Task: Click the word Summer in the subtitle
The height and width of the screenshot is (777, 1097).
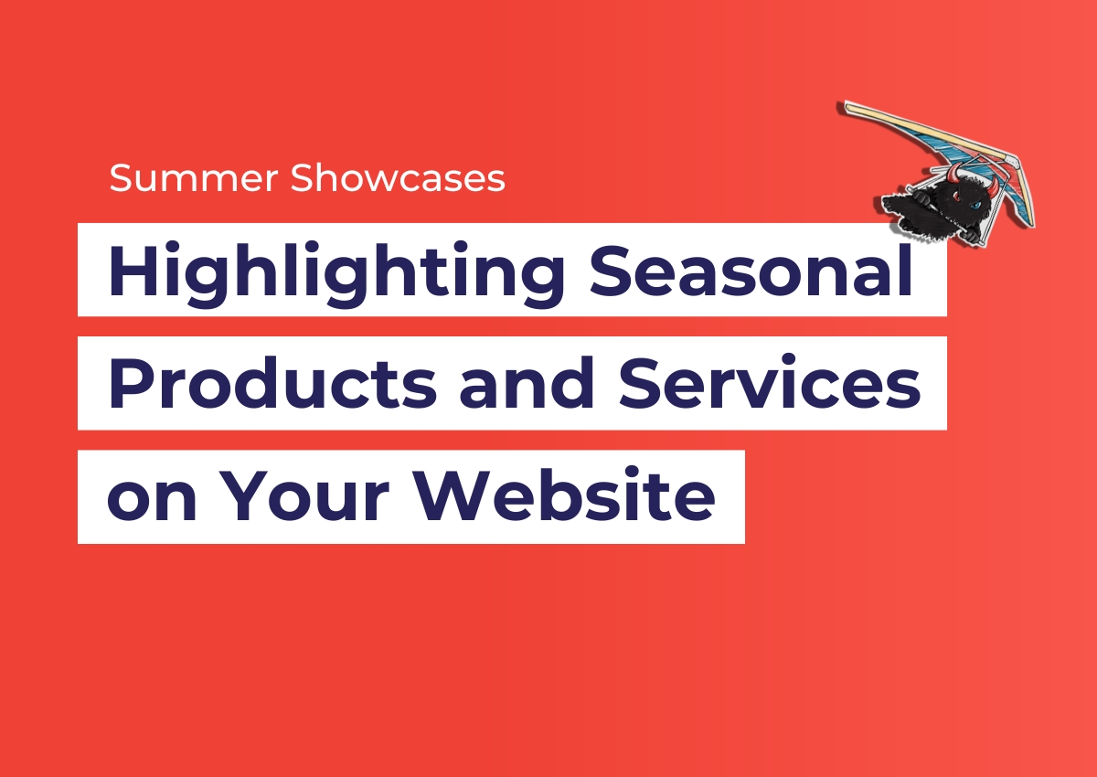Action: [194, 177]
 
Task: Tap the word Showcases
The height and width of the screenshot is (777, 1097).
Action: [398, 177]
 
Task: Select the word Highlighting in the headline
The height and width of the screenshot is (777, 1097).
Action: [336, 274]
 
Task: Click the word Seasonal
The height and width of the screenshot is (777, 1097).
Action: [751, 270]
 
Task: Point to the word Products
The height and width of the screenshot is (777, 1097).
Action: [272, 383]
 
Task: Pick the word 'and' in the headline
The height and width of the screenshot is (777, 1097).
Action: [527, 382]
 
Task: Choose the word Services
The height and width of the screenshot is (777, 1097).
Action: [770, 382]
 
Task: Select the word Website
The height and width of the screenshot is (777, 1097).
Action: [564, 495]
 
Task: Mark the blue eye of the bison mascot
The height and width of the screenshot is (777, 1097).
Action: [977, 206]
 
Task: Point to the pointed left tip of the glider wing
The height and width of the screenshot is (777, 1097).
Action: [843, 105]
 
